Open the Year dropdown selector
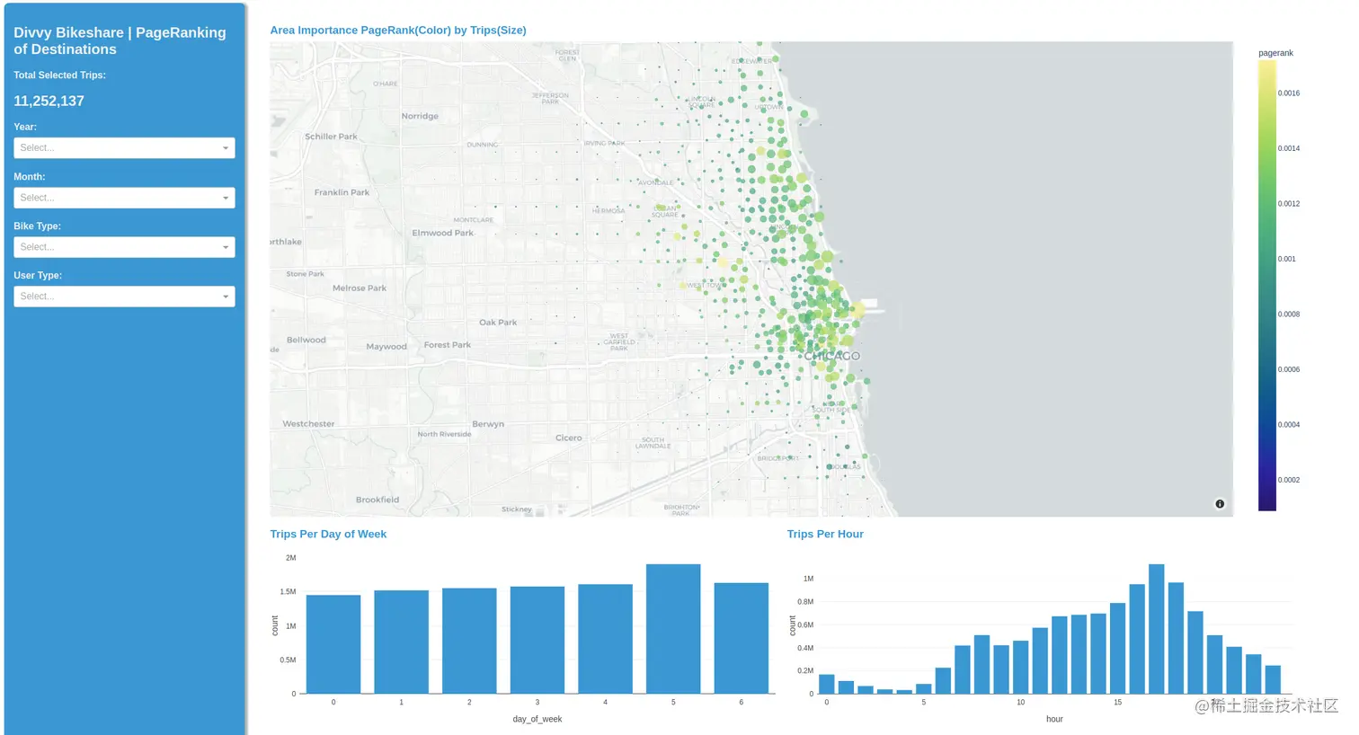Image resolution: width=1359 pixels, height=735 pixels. [124, 147]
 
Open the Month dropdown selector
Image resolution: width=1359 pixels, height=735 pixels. [124, 198]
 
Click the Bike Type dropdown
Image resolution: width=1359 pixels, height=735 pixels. [124, 247]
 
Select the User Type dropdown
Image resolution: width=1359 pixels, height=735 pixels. [124, 297]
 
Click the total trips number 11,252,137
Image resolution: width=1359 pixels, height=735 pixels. [49, 102]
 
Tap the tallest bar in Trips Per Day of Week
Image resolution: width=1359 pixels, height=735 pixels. [673, 629]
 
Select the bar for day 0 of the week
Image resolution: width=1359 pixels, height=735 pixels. [333, 643]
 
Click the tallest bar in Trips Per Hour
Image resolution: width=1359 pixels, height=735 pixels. [1157, 629]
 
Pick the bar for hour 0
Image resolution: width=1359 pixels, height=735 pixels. [827, 684]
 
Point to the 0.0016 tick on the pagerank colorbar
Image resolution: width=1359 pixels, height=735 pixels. [1289, 93]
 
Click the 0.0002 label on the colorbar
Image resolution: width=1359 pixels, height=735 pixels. [1289, 480]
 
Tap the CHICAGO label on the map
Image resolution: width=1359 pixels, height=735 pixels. [831, 356]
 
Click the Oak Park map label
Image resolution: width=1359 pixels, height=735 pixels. [498, 322]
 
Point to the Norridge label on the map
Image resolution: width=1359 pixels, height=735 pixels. [420, 116]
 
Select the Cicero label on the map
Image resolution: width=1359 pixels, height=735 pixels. [568, 438]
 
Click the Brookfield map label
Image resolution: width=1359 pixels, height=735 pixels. [377, 500]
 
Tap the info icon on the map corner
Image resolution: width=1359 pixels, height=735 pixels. [1220, 504]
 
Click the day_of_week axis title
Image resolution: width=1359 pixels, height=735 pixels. [537, 719]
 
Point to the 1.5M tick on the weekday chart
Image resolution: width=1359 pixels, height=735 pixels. [288, 592]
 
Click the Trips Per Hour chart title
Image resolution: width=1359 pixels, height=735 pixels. [825, 534]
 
